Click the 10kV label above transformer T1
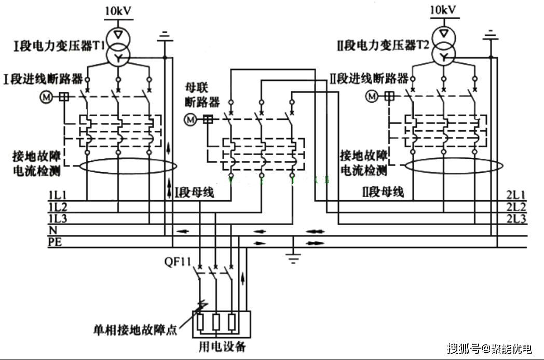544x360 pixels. tap(118, 10)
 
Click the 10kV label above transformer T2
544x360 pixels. tap(443, 9)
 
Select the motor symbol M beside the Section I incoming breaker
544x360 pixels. tap(47, 96)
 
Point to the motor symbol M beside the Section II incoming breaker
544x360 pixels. tap(372, 96)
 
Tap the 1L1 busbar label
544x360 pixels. tap(57, 195)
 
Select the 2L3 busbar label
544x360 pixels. tap(516, 219)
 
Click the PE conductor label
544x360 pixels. tap(55, 241)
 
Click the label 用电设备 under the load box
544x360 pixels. tap(222, 346)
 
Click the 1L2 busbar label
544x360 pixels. tap(57, 207)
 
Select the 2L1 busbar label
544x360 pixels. tap(516, 195)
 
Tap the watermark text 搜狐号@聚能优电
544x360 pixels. tap(489, 348)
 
